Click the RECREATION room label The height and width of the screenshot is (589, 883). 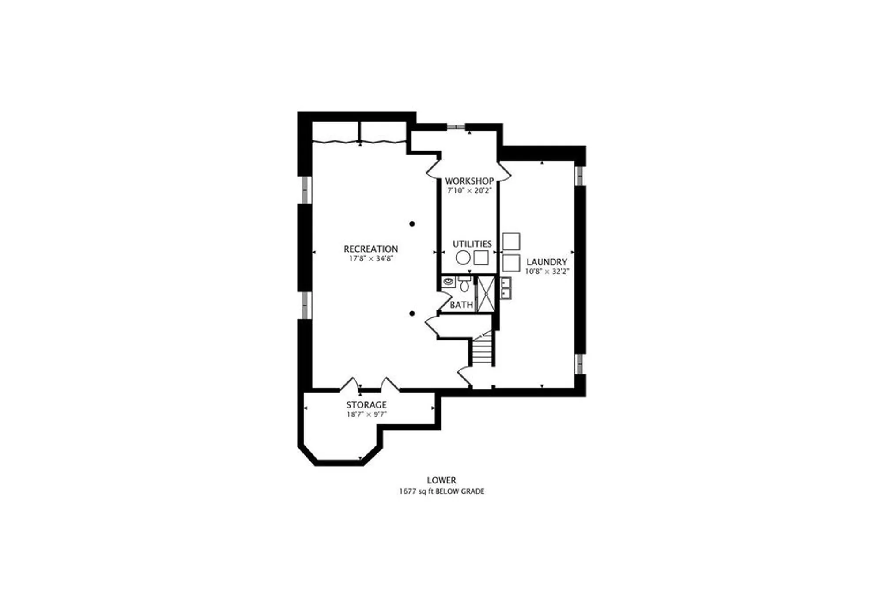370,249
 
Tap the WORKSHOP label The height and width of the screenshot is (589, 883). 469,181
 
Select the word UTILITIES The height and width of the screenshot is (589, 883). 472,244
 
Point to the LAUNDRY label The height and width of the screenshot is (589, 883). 547,262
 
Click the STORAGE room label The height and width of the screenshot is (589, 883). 366,404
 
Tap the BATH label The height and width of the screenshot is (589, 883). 461,305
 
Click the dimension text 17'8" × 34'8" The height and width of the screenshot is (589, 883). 371,259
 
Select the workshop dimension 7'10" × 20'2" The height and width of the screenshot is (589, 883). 469,191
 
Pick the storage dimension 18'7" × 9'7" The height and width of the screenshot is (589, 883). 366,414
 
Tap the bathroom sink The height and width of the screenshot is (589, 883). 449,281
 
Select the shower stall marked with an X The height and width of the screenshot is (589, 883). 486,293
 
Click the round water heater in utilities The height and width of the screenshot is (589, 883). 463,257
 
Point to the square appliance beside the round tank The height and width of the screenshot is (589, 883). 481,257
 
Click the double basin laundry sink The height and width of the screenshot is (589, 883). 506,288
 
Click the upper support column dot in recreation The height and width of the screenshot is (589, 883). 412,224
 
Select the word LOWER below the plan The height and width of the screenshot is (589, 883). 441,480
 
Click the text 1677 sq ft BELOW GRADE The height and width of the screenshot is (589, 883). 441,491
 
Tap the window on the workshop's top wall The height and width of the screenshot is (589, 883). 456,127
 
